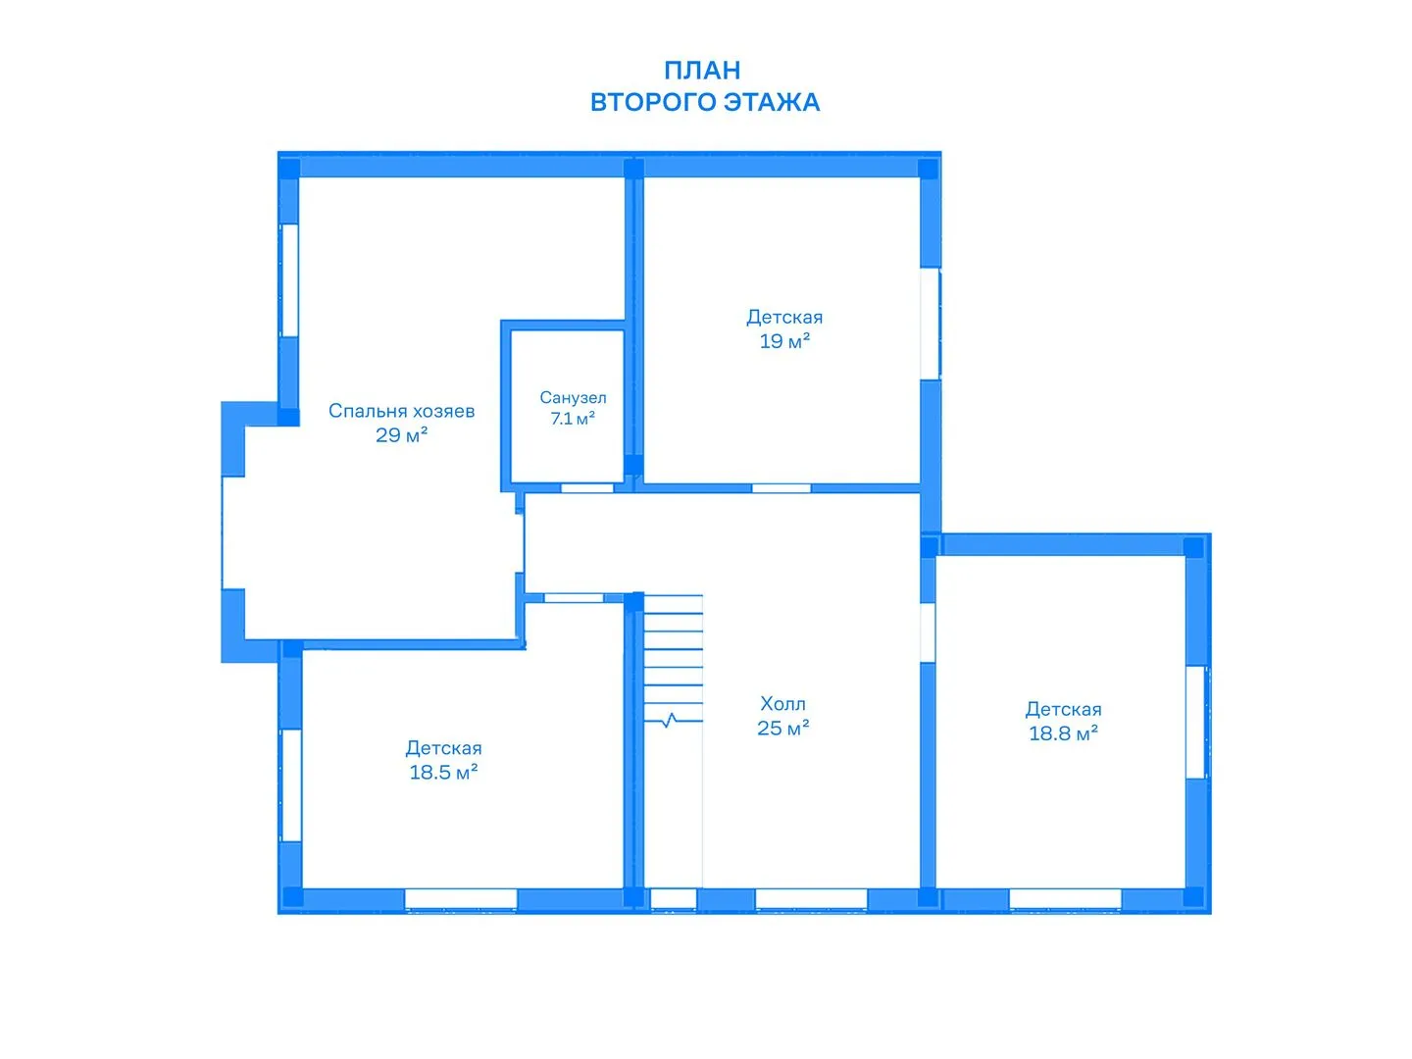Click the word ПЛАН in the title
click(702, 71)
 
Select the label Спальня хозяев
click(401, 410)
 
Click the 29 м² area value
click(401, 434)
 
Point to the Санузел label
click(573, 398)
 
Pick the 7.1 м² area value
click(573, 419)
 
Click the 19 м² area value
click(784, 341)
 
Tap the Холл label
click(782, 703)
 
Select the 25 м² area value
click(782, 728)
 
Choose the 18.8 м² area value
click(1063, 733)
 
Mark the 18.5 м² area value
click(443, 772)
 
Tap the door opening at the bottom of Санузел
click(586, 488)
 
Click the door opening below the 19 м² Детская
click(781, 488)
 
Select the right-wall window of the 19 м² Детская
click(931, 324)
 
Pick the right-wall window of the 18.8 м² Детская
click(1197, 722)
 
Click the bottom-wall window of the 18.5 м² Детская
click(461, 899)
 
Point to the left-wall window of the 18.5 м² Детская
click(291, 784)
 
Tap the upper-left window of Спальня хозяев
click(289, 280)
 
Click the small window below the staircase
click(674, 899)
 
